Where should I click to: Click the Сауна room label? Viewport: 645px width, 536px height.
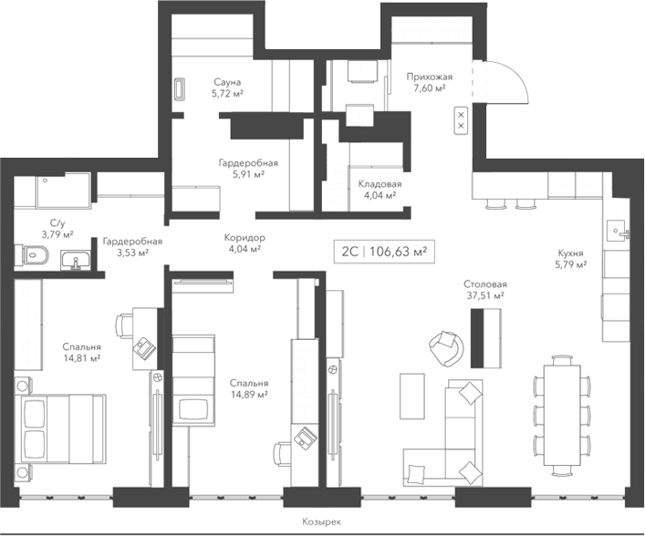point(227,81)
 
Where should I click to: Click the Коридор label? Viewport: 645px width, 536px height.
point(244,236)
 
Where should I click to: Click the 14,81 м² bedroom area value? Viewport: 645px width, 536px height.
point(82,358)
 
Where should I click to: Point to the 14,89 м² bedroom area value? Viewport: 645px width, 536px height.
point(248,395)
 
